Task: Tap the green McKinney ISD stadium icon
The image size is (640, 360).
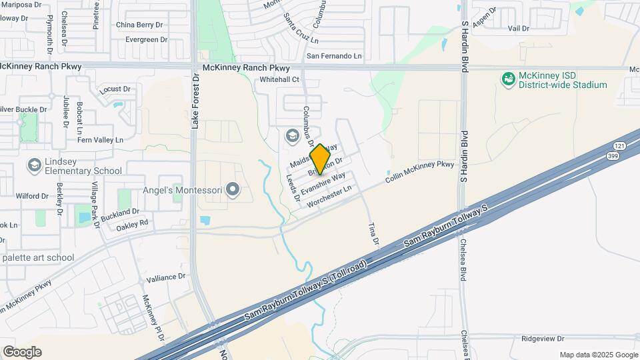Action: [509, 79]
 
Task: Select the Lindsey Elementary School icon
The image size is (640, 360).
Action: [34, 165]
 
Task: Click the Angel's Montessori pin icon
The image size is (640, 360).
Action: [232, 191]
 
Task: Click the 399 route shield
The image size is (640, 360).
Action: [613, 155]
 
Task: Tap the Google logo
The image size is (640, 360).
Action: [22, 351]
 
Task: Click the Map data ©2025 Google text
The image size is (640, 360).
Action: [598, 355]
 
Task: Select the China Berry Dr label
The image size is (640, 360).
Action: [139, 25]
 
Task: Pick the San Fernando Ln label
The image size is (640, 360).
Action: [334, 56]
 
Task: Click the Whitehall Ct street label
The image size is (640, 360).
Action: [280, 79]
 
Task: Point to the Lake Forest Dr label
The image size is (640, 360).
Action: [195, 101]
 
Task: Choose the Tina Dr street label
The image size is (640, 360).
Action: [373, 233]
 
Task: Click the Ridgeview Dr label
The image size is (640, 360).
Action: [543, 339]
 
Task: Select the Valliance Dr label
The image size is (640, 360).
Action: [165, 277]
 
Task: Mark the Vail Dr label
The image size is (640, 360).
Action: [518, 29]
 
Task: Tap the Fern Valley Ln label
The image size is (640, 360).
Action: [101, 140]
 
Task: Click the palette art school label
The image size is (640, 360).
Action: [38, 257]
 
